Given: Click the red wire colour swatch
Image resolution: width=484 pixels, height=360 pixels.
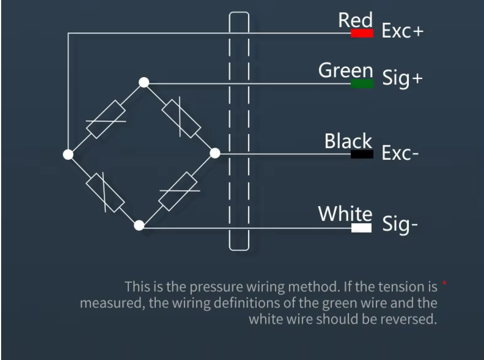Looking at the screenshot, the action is (362, 33).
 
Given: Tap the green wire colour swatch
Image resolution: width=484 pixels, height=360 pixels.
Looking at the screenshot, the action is (362, 84).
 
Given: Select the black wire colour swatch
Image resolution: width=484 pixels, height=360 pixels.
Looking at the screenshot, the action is (362, 154).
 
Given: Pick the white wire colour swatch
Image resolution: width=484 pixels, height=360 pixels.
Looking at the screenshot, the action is (362, 228).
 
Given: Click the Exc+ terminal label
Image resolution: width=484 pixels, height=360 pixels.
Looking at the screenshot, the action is (403, 31).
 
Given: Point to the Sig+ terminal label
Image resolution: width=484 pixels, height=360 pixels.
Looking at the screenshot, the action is (402, 78).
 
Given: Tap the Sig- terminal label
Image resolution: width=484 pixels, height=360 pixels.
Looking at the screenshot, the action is (400, 224).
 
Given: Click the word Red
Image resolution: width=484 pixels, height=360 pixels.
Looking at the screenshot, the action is (355, 20).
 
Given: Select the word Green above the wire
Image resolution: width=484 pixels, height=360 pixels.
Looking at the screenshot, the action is (346, 70).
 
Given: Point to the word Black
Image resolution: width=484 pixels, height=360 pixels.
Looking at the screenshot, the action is (348, 141).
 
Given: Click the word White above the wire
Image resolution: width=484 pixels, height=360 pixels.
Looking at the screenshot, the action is (345, 213).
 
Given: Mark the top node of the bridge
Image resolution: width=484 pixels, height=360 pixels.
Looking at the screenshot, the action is (144, 82).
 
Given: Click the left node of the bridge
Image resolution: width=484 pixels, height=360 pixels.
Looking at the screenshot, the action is (68, 155).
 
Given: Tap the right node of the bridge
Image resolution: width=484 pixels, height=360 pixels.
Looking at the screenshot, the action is (215, 153).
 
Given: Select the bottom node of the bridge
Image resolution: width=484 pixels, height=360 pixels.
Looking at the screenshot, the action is (139, 226).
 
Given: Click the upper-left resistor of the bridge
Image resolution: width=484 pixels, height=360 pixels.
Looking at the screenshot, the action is (106, 119).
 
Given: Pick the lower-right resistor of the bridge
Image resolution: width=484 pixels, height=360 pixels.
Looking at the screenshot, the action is (178, 191).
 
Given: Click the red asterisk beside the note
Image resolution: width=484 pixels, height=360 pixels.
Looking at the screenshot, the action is (445, 283).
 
